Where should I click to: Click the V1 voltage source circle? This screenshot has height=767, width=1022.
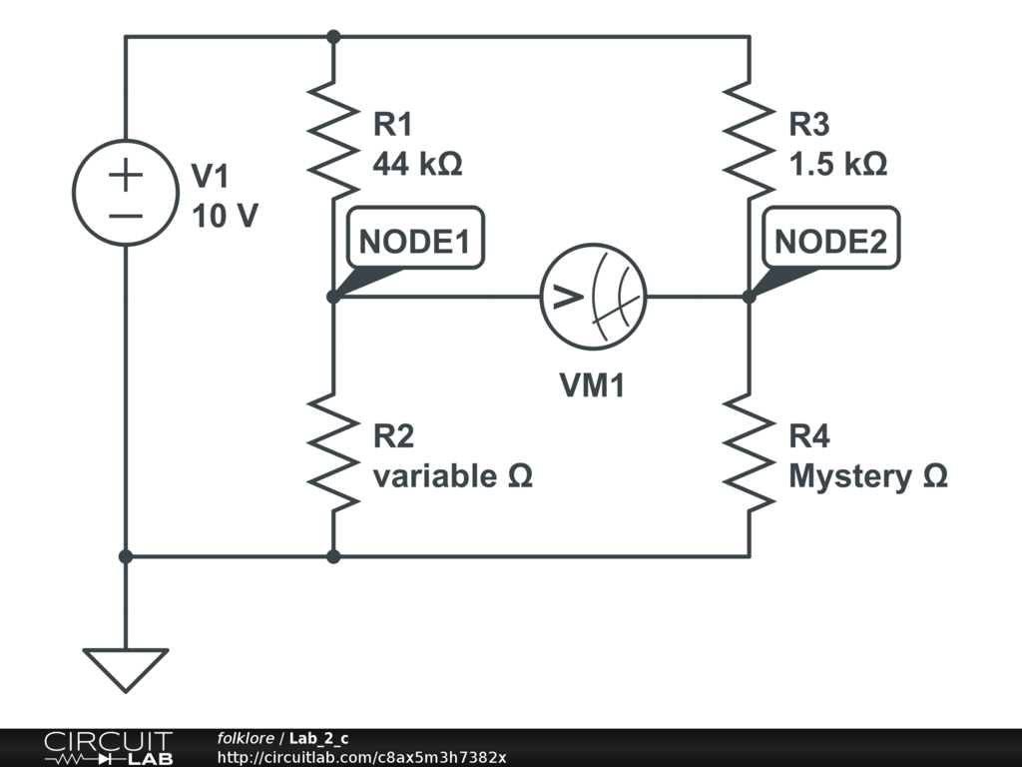coord(126,194)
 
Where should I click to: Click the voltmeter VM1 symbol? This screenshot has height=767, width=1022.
coord(594,297)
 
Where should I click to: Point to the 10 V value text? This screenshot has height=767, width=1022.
coord(226,216)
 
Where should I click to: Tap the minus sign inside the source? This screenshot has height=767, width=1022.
coord(126,215)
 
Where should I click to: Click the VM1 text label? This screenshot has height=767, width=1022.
coord(591,385)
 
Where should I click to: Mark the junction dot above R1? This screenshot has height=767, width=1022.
coord(333,37)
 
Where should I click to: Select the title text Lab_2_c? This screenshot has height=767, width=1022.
coord(319,738)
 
